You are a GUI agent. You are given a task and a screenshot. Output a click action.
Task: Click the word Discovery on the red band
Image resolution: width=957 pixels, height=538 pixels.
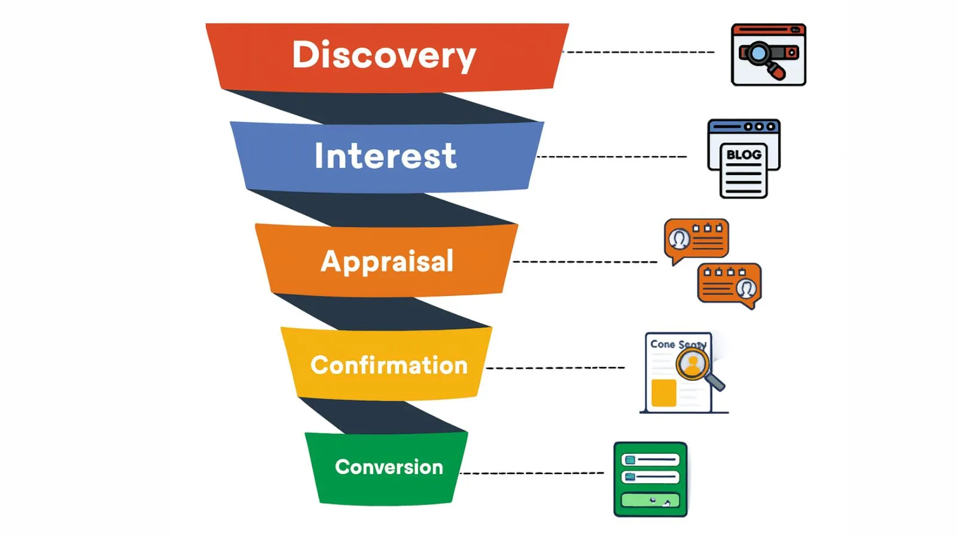tap(384, 55)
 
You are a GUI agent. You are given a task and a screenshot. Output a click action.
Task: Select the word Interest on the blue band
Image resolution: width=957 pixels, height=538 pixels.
tap(385, 156)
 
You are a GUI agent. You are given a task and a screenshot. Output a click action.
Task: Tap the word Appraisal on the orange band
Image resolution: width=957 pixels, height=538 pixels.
tap(387, 261)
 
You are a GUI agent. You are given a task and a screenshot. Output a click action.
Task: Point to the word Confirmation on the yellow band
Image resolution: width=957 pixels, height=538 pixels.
tap(389, 365)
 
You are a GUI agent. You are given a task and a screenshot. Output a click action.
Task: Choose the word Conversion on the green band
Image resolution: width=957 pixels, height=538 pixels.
tap(389, 467)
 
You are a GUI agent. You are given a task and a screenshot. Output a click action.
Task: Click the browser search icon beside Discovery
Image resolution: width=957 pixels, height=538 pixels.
tap(769, 54)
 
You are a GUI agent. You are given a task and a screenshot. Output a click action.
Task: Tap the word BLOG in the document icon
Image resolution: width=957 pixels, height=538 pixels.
tap(743, 155)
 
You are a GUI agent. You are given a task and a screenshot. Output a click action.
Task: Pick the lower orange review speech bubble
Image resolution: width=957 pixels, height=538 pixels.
tap(729, 285)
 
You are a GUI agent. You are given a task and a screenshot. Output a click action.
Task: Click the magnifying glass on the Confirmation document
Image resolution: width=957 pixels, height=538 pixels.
tap(694, 364)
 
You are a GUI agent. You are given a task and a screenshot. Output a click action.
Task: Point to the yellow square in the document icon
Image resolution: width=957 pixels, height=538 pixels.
tap(663, 393)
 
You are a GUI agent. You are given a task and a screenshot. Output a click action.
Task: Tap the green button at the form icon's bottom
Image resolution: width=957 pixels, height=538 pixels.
tap(650, 500)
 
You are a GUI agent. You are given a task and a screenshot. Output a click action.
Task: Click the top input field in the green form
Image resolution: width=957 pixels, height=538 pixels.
tap(650, 460)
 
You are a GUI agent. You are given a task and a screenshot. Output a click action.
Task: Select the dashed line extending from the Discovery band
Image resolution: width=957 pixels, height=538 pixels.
tap(640, 52)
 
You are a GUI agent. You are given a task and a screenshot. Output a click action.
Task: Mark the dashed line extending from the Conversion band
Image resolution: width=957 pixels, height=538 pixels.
tap(532, 473)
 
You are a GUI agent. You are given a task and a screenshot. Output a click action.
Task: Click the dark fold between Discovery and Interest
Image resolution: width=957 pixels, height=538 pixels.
tap(383, 108)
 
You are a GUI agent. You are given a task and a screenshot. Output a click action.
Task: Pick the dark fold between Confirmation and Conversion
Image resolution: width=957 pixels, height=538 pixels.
tap(383, 417)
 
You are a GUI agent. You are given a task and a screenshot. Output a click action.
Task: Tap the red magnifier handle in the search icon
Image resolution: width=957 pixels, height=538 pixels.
tap(776, 72)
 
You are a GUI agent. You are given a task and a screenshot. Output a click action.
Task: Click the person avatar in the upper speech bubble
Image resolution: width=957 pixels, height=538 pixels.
tap(679, 239)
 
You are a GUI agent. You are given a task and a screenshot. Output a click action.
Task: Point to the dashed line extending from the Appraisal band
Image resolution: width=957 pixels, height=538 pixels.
tap(585, 262)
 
